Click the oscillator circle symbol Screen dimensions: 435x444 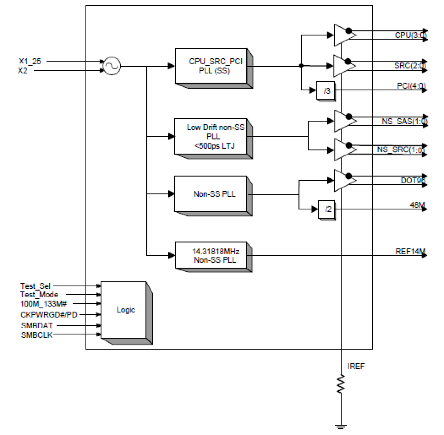tap(112, 66)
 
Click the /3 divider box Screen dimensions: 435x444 tap(326, 91)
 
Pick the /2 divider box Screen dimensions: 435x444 tap(327, 209)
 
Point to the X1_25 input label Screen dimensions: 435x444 tap(30, 61)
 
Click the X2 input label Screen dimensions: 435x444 tap(23, 71)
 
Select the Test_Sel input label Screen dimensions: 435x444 tap(35, 286)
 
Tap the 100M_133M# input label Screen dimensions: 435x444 tap(43, 304)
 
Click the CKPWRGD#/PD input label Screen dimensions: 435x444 tap(49, 315)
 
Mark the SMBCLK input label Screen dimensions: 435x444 tap(37, 335)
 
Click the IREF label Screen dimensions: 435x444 tap(356, 366)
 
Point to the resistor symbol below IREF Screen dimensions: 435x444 tap(341, 384)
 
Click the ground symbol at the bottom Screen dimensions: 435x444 tap(341, 427)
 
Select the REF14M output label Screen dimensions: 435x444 tap(410, 251)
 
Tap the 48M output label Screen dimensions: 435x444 tap(417, 205)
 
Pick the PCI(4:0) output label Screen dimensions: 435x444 tap(411, 86)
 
